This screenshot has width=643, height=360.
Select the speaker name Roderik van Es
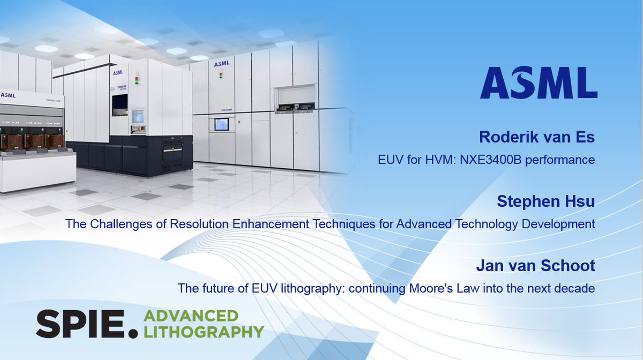(536, 137)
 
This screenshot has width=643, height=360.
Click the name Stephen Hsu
(545, 201)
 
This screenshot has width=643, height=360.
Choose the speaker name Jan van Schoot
(535, 266)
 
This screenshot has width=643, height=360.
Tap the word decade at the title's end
(577, 288)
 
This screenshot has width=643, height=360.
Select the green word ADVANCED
(191, 316)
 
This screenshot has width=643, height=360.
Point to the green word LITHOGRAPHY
(204, 332)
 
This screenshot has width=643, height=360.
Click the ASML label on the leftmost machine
(8, 95)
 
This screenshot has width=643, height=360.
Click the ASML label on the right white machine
(221, 64)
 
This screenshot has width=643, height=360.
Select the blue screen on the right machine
(221, 124)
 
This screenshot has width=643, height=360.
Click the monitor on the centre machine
(138, 116)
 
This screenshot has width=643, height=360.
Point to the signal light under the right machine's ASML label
(221, 74)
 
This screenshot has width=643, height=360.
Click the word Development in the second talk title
(560, 224)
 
